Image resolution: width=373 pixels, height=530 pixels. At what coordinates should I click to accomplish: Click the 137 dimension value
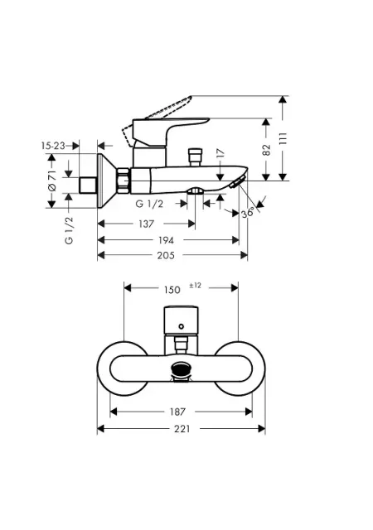(x=146, y=224)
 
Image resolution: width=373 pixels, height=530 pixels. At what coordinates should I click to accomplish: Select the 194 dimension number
(x=166, y=240)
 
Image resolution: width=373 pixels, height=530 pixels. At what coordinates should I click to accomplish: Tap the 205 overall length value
(x=166, y=256)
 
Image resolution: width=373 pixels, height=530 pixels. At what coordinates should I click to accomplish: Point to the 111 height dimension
(x=283, y=138)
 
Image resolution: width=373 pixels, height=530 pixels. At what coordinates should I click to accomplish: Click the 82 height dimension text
(x=267, y=149)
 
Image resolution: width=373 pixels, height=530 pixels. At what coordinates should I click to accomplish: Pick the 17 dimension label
(x=220, y=152)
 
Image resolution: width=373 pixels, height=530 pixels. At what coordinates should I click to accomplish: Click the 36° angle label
(x=248, y=213)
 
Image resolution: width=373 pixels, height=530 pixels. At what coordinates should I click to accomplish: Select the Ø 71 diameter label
(x=51, y=181)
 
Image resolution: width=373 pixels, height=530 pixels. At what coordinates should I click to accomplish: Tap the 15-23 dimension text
(x=53, y=146)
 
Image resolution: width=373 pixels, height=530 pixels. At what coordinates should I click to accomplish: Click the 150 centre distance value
(x=172, y=290)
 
